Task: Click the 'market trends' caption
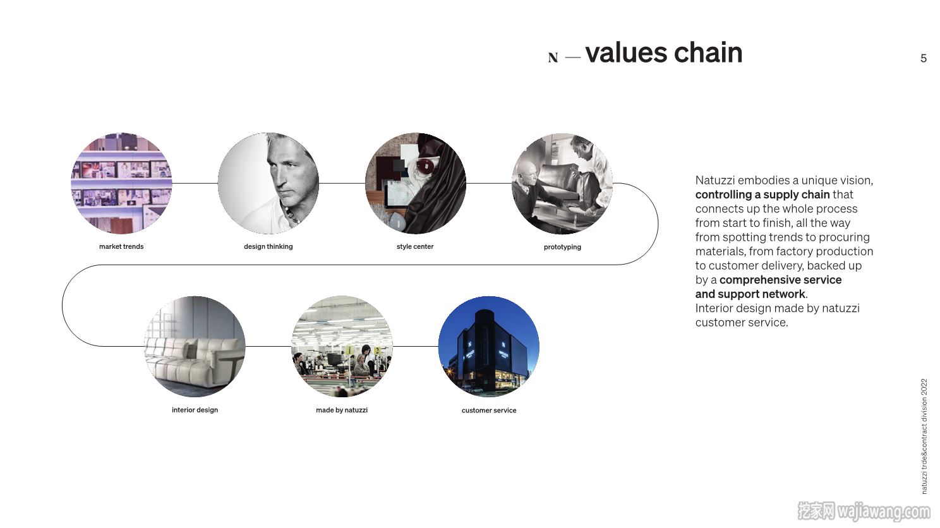click(121, 246)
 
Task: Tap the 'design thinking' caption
click(268, 246)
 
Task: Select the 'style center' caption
click(415, 246)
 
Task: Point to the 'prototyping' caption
click(562, 247)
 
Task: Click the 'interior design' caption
click(195, 410)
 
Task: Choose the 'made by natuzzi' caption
click(342, 410)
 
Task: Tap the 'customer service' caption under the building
click(489, 410)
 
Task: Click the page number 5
click(923, 58)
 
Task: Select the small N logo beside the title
click(553, 57)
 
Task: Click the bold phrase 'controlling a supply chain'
click(762, 195)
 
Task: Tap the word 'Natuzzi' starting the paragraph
click(715, 180)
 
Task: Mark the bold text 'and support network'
click(750, 294)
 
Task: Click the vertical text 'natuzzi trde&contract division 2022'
click(924, 436)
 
